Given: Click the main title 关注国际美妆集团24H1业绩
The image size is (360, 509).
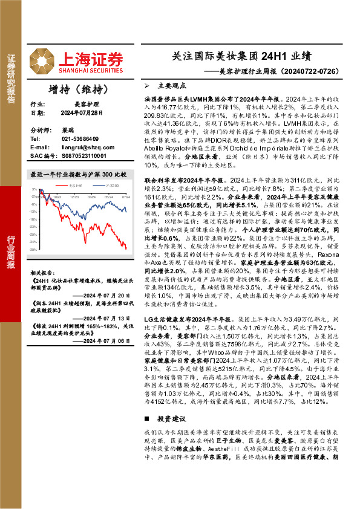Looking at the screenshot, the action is (x=241, y=57).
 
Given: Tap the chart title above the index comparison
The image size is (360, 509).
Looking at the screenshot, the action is (x=79, y=174).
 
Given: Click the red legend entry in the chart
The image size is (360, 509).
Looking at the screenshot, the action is (x=75, y=185).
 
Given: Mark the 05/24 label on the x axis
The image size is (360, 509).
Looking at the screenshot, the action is (x=108, y=196).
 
